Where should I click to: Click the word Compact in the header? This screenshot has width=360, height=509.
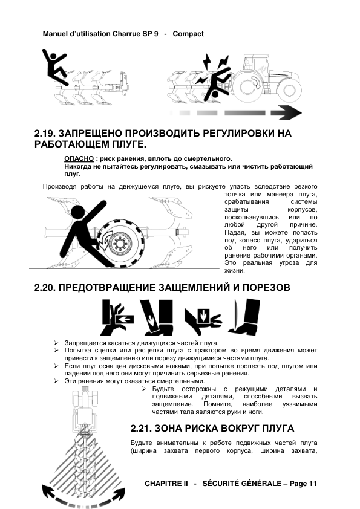(x=188, y=34)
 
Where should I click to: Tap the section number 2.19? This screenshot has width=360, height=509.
(x=46, y=134)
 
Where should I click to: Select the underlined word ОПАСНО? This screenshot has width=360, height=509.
(x=79, y=159)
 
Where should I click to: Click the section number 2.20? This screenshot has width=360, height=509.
(x=46, y=288)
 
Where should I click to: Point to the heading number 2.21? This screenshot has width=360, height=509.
(x=142, y=429)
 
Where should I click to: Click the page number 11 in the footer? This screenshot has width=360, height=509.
(x=313, y=484)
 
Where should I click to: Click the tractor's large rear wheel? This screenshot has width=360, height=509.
(x=252, y=86)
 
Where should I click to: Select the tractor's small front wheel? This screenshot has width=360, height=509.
(x=288, y=90)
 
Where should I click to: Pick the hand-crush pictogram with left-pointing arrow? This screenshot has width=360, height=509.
(x=117, y=317)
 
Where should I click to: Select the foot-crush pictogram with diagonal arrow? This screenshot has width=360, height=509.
(x=157, y=317)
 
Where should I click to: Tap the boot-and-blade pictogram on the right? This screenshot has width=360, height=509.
(x=244, y=317)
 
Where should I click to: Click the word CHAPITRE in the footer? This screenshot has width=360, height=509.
(x=166, y=484)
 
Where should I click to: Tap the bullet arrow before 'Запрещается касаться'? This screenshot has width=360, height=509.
(x=56, y=343)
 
